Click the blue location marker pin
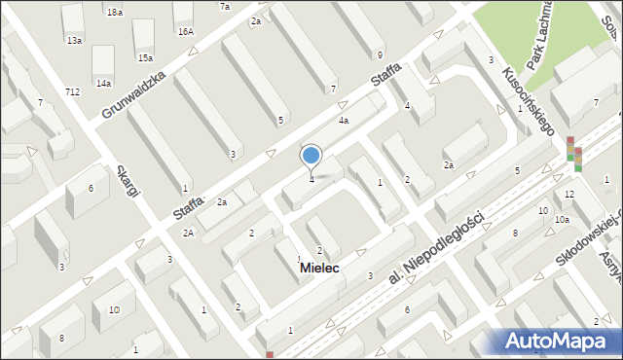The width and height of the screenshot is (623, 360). pos(311,155)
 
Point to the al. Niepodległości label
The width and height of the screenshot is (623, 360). pos(436,250)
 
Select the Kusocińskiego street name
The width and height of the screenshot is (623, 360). pos(526,101)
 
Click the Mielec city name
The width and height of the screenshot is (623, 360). pos(319,267)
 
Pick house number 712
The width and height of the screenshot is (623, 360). pos(73,91)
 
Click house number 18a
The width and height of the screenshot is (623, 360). pos(115,12)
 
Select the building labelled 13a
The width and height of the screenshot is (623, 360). pos(74,41)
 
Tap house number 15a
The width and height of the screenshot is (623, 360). pos(144,58)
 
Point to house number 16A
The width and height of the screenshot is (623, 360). pos(185,32)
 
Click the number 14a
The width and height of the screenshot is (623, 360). pos(103,84)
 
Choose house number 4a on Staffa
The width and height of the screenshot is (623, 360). pos(343,121)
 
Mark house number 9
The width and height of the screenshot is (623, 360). pos(380,54)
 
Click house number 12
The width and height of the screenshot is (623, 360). pos(569,196)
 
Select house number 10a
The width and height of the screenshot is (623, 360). pos(562,221)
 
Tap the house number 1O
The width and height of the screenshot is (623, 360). pos(114,310)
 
